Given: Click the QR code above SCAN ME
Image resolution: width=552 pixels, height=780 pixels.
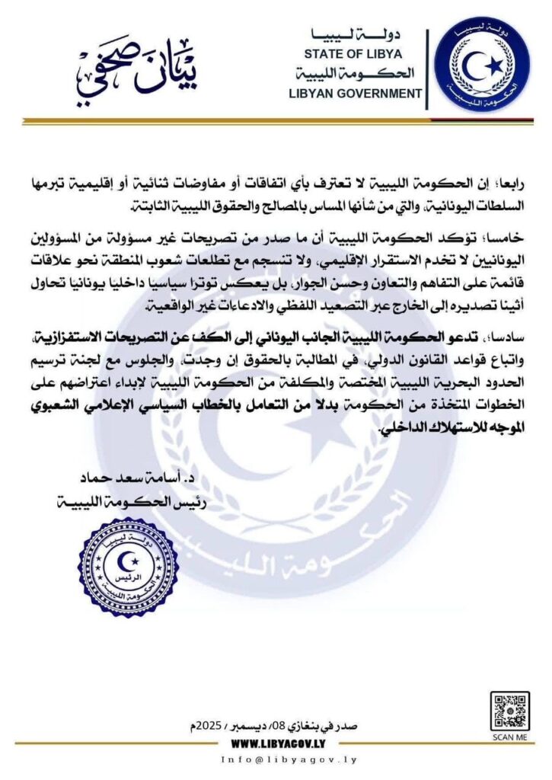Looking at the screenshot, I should click(x=509, y=711).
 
